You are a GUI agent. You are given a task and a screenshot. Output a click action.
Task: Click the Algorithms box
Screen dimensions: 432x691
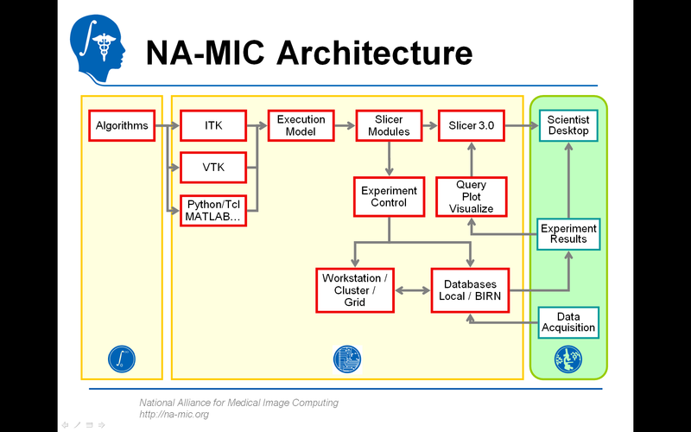pyautogui.click(x=121, y=125)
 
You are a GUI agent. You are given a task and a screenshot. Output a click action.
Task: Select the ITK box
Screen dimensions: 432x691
pyautogui.click(x=212, y=125)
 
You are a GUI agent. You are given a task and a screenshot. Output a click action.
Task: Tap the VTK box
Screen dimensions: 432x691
pyautogui.click(x=212, y=167)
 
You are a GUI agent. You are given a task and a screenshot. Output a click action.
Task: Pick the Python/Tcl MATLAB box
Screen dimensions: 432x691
pyautogui.click(x=212, y=210)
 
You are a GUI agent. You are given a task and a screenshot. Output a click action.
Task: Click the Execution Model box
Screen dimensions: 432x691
pyautogui.click(x=301, y=125)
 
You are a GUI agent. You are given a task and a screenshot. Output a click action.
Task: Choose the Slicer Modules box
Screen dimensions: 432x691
pyautogui.click(x=389, y=125)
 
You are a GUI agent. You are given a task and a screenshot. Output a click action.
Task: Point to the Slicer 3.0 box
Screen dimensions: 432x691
pyautogui.click(x=471, y=125)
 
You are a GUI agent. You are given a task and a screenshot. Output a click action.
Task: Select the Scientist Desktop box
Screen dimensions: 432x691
pyautogui.click(x=568, y=125)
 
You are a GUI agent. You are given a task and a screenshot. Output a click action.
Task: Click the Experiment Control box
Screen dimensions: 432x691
pyautogui.click(x=389, y=196)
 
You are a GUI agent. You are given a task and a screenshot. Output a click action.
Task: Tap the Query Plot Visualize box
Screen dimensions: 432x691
pyautogui.click(x=471, y=196)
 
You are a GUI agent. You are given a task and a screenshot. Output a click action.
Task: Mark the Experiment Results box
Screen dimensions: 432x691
pyautogui.click(x=568, y=233)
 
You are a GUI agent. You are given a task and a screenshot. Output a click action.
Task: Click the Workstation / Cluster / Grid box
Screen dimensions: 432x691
pyautogui.click(x=355, y=290)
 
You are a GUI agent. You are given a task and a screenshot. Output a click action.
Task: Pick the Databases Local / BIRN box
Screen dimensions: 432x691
pyautogui.click(x=471, y=290)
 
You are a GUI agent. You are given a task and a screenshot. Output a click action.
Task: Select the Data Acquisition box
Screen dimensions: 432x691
pyautogui.click(x=568, y=322)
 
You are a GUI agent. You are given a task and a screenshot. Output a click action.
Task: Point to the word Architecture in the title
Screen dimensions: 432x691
pyautogui.click(x=373, y=53)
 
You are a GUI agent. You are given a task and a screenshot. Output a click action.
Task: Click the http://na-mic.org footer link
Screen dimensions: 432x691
pyautogui.click(x=174, y=415)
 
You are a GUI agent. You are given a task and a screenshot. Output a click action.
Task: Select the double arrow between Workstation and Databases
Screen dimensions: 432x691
pyautogui.click(x=413, y=290)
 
